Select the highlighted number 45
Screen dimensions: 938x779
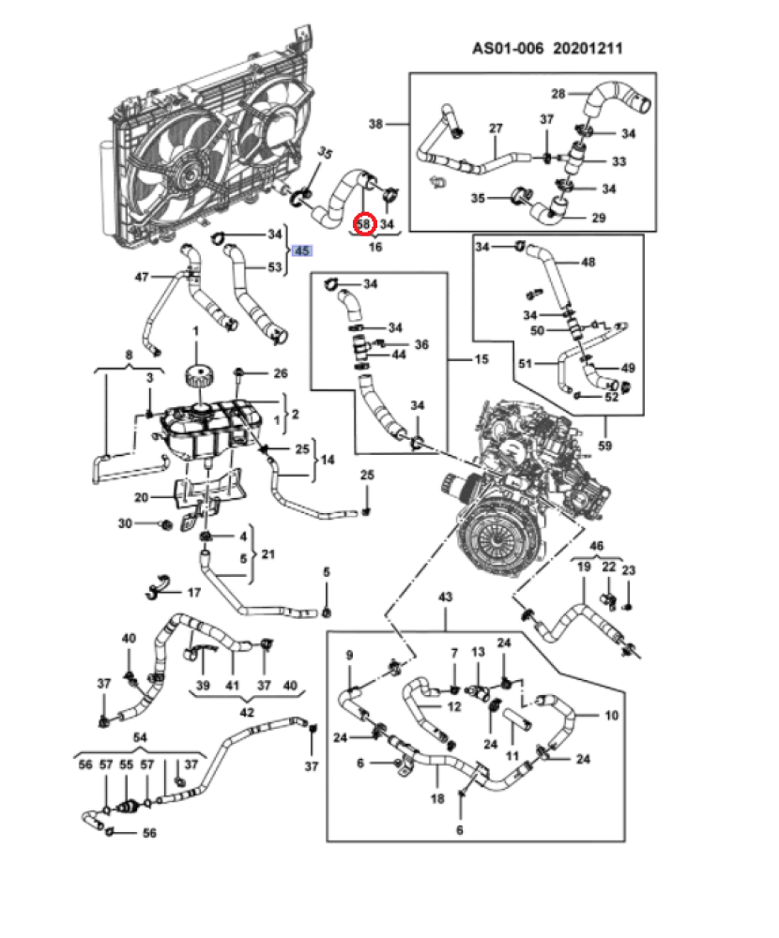click(x=302, y=251)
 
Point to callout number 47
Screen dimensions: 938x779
click(x=142, y=277)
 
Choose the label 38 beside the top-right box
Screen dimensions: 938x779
click(x=376, y=124)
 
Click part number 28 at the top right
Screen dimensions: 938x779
click(x=558, y=94)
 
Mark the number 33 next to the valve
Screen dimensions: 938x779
click(x=619, y=162)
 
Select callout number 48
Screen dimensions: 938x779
click(x=588, y=263)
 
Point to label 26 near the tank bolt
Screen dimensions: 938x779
click(x=280, y=373)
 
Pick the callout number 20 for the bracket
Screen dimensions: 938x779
click(x=141, y=497)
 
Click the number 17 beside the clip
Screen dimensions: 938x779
click(x=194, y=593)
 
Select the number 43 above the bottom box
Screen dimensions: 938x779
click(x=445, y=598)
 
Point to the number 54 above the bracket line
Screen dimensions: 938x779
click(x=139, y=740)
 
